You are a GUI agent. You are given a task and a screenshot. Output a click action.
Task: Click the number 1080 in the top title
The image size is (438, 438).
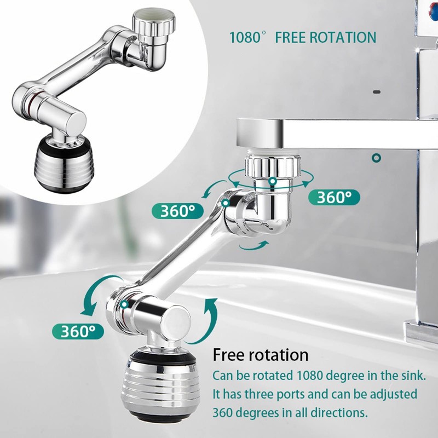pos(244,37)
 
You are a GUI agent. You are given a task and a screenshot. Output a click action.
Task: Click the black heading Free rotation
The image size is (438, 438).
pos(261,355)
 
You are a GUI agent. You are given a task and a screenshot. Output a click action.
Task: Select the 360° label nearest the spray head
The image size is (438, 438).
pos(78,331)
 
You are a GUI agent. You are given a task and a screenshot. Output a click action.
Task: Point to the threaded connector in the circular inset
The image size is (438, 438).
pos(155,25)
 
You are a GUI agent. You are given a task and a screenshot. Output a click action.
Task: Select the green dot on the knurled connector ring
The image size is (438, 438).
pos(272,180)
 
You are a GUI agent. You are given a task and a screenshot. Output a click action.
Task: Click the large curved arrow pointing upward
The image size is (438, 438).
pos(209,320)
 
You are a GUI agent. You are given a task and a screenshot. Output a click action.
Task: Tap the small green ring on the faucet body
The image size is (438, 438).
pos(376,158)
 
